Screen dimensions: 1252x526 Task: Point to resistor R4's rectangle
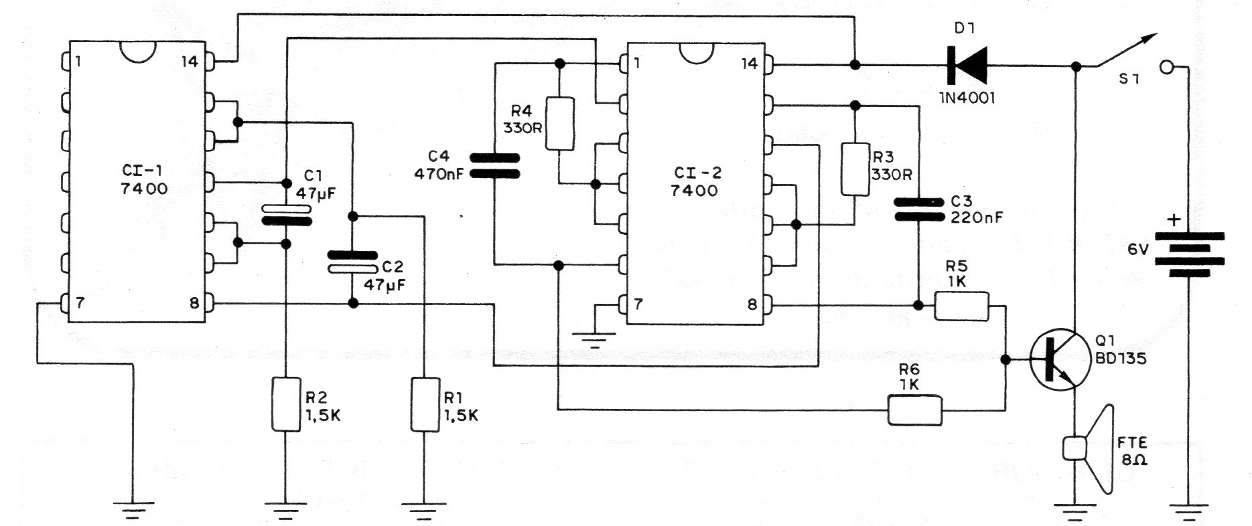pyautogui.click(x=560, y=124)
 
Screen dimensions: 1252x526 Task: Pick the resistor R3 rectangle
pyautogui.click(x=855, y=169)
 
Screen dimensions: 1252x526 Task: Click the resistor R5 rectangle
pyautogui.click(x=961, y=306)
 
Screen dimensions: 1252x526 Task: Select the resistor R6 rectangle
pyautogui.click(x=915, y=410)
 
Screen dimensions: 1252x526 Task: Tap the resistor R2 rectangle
pyautogui.click(x=285, y=404)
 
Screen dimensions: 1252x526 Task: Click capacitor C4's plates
pyautogui.click(x=494, y=166)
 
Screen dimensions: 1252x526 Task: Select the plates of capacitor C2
pyautogui.click(x=353, y=262)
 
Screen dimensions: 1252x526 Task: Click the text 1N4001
pyautogui.click(x=968, y=98)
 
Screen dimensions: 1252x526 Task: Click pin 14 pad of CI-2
pyautogui.click(x=769, y=65)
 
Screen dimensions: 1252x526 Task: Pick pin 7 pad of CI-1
pyautogui.click(x=64, y=303)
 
